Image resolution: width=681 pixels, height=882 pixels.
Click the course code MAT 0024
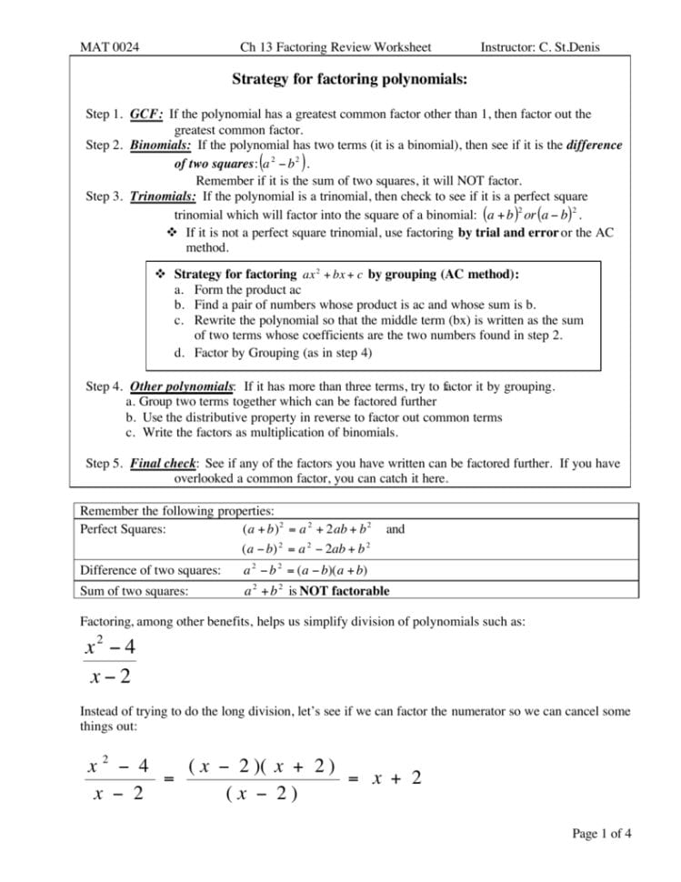click(x=109, y=47)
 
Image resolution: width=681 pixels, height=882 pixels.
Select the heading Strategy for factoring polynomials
click(x=349, y=80)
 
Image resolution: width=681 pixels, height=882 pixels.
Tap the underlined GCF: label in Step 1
click(x=146, y=115)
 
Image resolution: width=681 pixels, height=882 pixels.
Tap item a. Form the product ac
click(x=224, y=290)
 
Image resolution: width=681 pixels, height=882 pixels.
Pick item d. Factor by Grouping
click(x=272, y=352)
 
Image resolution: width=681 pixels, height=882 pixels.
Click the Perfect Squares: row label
click(x=123, y=529)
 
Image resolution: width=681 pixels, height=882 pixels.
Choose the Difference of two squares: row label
click(x=150, y=571)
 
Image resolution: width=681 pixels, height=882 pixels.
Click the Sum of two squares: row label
click(x=135, y=591)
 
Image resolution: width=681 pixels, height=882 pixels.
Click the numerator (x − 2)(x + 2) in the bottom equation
click(x=262, y=766)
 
